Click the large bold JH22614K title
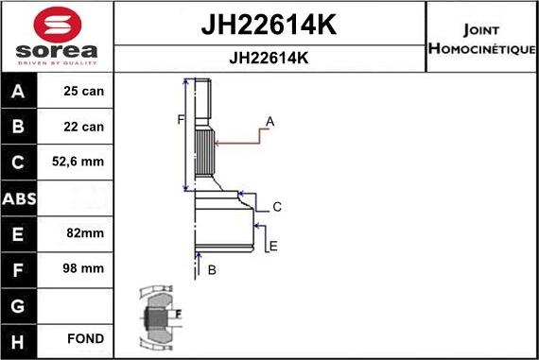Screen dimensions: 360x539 [269, 25]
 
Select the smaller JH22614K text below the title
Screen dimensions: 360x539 [269, 58]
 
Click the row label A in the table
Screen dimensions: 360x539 [20, 92]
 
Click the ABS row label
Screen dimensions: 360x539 [20, 197]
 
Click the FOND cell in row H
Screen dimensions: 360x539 [85, 338]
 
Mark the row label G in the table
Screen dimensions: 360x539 [20, 303]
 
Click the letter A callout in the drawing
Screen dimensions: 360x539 [270, 121]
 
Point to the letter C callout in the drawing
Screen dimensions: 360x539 [277, 207]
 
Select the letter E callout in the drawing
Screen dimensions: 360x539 [273, 247]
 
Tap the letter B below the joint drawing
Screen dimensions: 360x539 [212, 270]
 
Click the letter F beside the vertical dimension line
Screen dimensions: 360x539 [179, 119]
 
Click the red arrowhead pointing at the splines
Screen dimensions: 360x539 [219, 143]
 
